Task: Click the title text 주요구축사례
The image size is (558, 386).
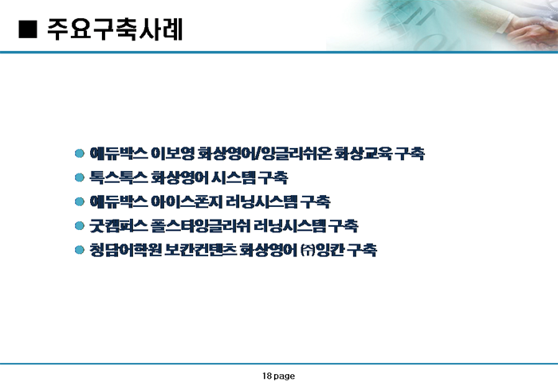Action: coord(115,29)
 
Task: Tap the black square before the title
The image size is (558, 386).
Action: coord(27,29)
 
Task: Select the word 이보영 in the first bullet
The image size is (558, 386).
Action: coord(173,153)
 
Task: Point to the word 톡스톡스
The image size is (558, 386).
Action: coord(119,177)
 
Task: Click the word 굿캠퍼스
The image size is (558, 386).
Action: coord(119,226)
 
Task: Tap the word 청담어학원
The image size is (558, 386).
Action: coord(126,250)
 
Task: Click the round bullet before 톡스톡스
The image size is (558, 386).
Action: coord(80,177)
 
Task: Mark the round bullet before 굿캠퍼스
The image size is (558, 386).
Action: coord(80,226)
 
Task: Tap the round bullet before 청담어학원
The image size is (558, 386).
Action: coord(80,250)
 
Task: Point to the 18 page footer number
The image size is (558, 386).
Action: coord(279,376)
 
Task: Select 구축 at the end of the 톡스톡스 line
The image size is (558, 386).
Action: coord(273,177)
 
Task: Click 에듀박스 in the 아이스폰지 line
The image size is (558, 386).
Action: coord(119,201)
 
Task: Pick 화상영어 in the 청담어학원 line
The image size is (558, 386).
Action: coord(268,250)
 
